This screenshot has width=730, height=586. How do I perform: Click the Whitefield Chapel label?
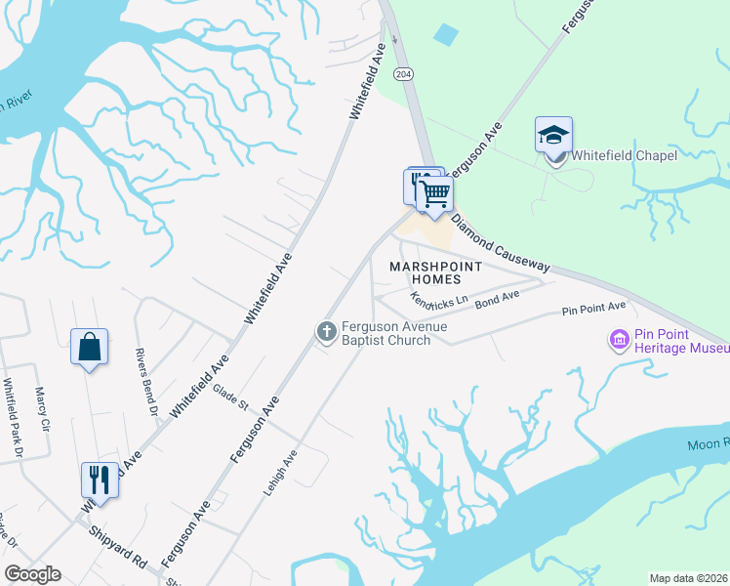[624, 155]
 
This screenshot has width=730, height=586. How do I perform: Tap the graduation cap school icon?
[553, 134]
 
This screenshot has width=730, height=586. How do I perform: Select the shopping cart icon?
[434, 192]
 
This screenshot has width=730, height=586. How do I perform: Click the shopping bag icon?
[89, 347]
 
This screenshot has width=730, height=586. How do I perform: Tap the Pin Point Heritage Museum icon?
[619, 340]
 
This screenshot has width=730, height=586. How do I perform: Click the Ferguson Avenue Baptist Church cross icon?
[327, 333]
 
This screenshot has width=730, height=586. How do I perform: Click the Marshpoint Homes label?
[436, 272]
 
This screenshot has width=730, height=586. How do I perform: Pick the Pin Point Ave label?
[593, 309]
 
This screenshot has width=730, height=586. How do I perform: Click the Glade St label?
[231, 398]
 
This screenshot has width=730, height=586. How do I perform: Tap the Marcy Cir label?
[41, 410]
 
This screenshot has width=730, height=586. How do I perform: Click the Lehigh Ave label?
[279, 474]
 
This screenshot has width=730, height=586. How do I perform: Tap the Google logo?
[32, 574]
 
